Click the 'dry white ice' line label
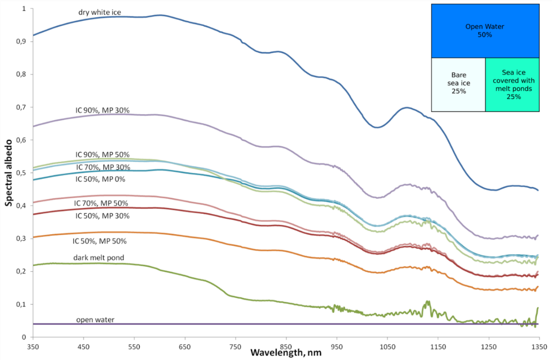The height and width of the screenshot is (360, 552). (x=100, y=13)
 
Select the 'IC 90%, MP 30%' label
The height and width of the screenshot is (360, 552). (x=102, y=110)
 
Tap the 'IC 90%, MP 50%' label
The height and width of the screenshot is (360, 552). (x=102, y=154)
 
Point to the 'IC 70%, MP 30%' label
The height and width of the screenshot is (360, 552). (x=102, y=167)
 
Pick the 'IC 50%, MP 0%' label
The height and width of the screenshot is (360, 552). (x=100, y=179)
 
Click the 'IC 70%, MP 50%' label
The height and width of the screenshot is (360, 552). (x=100, y=203)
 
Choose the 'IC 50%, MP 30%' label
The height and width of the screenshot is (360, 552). (x=102, y=216)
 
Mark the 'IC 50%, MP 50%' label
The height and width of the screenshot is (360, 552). (x=100, y=241)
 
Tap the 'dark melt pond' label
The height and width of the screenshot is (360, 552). (x=98, y=258)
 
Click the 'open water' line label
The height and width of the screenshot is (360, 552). (x=95, y=320)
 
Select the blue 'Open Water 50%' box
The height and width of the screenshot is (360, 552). (x=485, y=31)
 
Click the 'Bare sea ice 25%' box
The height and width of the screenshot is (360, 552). (x=458, y=85)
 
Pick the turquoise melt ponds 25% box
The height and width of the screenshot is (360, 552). (x=513, y=85)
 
